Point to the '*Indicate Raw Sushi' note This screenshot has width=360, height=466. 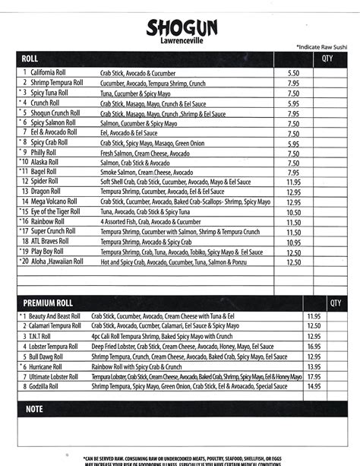pyautogui.click(x=322, y=47)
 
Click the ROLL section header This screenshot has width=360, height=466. pyautogui.click(x=30, y=59)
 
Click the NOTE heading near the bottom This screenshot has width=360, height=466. pyautogui.click(x=34, y=409)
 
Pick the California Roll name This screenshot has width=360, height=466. pyautogui.click(x=49, y=72)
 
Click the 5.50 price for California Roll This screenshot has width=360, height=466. pyautogui.click(x=294, y=72)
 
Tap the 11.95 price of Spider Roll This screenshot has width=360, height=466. pyautogui.click(x=294, y=182)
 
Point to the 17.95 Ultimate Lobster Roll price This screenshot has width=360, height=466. pyautogui.click(x=314, y=376)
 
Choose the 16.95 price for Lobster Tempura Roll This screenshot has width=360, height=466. pyautogui.click(x=314, y=346)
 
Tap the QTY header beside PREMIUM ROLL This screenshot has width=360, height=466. pyautogui.click(x=336, y=303)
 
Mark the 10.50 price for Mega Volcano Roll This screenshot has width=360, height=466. pyautogui.click(x=294, y=202)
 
